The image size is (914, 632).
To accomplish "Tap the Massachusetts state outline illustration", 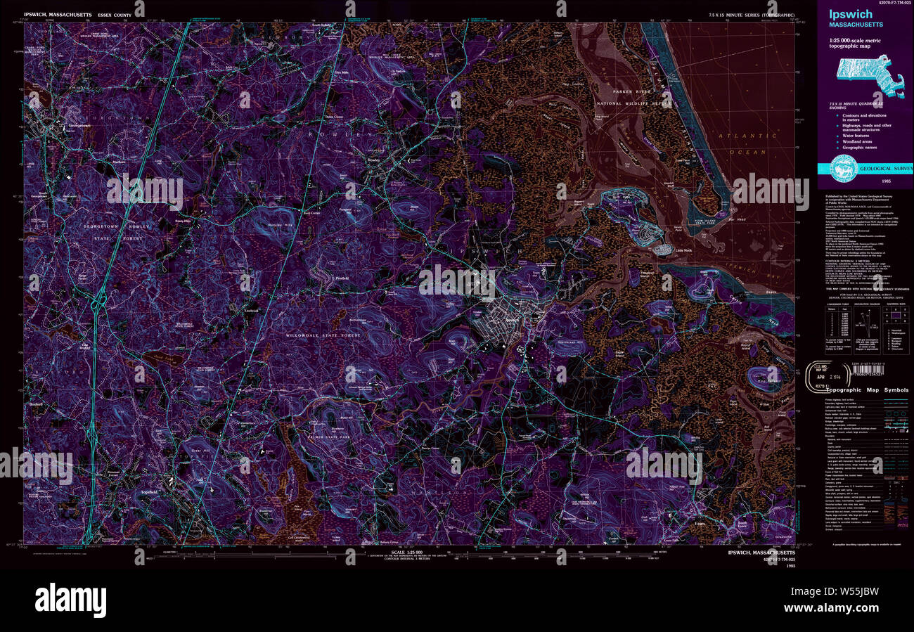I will (x=870, y=76).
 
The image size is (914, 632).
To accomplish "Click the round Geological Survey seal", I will (x=844, y=168).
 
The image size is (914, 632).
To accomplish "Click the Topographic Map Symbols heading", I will (x=867, y=389).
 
